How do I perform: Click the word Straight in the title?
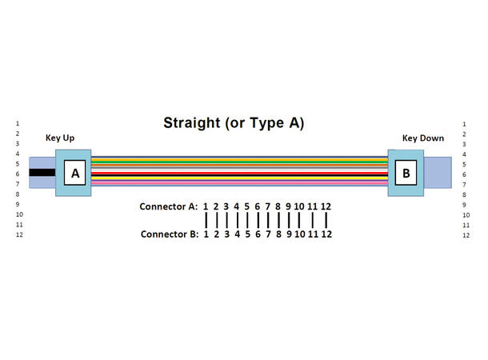tap(190, 123)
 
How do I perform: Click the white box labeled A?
tap(74, 173)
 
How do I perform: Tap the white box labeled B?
tap(406, 172)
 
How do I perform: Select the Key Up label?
tap(60, 138)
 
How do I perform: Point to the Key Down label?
tap(422, 138)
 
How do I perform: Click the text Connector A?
tap(168, 206)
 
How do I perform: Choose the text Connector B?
tap(168, 234)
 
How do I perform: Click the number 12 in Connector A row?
tap(326, 206)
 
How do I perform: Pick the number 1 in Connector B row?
tap(206, 234)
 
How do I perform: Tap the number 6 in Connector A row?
tap(258, 206)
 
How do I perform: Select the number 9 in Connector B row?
tap(288, 234)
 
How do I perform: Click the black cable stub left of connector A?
tap(42, 173)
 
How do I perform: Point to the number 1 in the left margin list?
tap(18, 123)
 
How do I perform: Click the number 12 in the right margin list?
tap(466, 235)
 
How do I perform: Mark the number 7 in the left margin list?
tap(18, 184)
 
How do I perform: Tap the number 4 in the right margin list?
tap(465, 154)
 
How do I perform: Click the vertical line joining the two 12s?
tap(326, 220)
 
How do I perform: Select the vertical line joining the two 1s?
tap(206, 220)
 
